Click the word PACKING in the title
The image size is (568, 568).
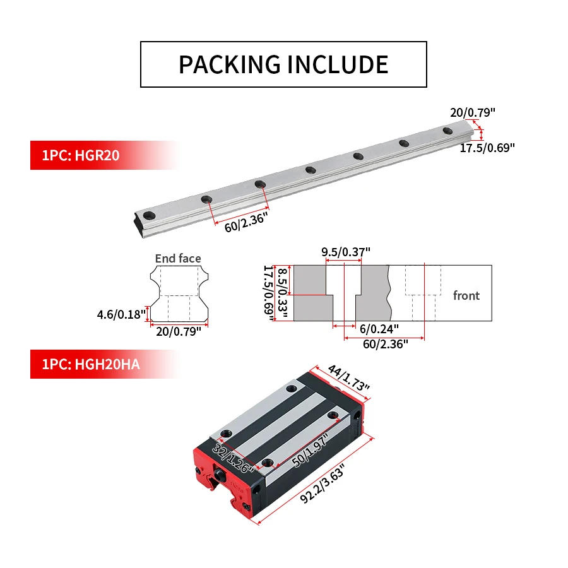pos(230,65)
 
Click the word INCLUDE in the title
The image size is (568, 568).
pos(338,65)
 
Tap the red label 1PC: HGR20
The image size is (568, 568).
pos(81,155)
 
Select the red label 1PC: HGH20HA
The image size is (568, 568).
pos(91,364)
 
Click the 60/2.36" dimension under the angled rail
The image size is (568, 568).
pos(246,222)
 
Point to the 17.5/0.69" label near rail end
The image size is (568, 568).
pos(487,148)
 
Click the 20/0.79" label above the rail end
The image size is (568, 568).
pos(473,113)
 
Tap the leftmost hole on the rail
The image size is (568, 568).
pos(149,216)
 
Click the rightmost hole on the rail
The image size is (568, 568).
pos(447,131)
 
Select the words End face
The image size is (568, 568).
pos(178,258)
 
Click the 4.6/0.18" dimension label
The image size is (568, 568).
pos(121,314)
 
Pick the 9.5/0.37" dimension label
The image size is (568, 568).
pos(346,252)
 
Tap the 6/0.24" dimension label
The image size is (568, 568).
pos(379,329)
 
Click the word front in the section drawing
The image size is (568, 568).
pos(466,295)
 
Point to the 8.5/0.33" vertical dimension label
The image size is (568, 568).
pos(283,293)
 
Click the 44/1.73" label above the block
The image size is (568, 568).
pos(349,378)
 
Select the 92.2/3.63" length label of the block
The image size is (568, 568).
pos(322,483)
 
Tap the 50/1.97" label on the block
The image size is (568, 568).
pos(310,450)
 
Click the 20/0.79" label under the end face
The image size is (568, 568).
pos(179,331)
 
